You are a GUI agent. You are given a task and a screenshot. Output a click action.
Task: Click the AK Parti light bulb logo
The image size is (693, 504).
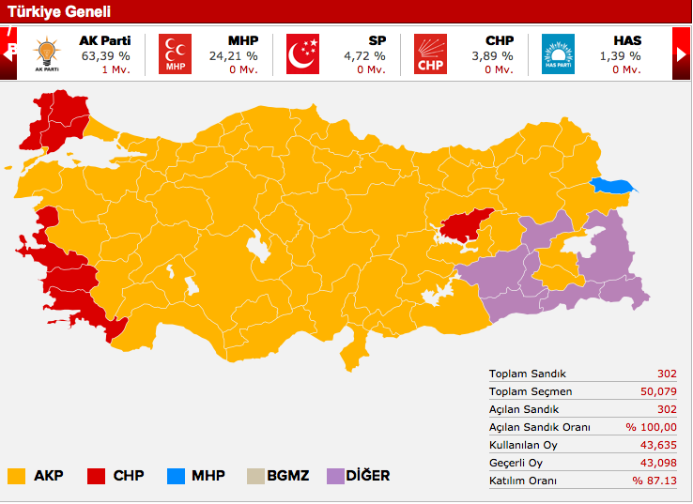pyautogui.click(x=45, y=54)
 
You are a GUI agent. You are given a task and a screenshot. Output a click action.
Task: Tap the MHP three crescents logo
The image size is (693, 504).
pyautogui.click(x=175, y=54)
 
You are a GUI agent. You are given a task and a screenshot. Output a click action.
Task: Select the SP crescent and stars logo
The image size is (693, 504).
pyautogui.click(x=302, y=54)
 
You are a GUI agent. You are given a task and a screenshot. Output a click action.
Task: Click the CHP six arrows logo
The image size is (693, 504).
pyautogui.click(x=430, y=54)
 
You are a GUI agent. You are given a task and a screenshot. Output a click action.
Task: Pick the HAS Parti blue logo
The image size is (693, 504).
pyautogui.click(x=558, y=54)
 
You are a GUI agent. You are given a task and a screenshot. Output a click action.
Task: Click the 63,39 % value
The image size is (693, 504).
pyautogui.click(x=105, y=56)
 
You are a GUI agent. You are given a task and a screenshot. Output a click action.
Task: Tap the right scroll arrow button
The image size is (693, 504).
pyautogui.click(x=682, y=53)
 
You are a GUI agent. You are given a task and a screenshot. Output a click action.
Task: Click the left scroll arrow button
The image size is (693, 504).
pyautogui.click(x=9, y=53)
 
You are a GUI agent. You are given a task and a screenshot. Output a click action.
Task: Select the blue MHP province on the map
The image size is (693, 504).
pyautogui.click(x=611, y=187)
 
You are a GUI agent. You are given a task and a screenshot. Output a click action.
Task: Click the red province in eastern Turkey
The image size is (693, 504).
pyautogui.click(x=467, y=223)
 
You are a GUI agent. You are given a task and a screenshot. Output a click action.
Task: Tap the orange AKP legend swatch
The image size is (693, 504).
pyautogui.click(x=16, y=476)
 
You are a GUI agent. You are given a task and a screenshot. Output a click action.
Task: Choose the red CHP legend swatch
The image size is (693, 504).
pyautogui.click(x=95, y=476)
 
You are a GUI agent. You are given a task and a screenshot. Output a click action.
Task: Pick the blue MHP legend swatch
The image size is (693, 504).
pyautogui.click(x=174, y=476)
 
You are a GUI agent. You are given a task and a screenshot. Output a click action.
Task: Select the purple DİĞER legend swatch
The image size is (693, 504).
pyautogui.click(x=335, y=476)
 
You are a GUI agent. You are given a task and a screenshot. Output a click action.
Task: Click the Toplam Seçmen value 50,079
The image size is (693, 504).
pyautogui.click(x=656, y=391)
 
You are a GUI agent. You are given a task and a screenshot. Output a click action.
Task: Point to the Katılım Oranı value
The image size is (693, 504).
pyautogui.click(x=654, y=481)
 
